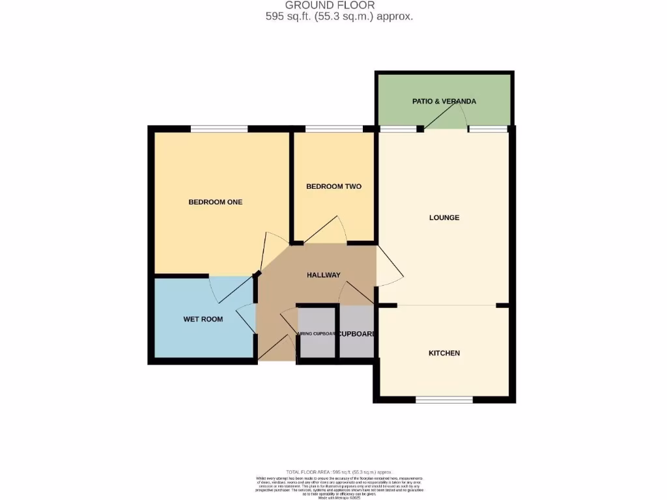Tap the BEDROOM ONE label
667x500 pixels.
coord(215,202)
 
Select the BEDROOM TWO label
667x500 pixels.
coord(333,186)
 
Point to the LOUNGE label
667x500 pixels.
coord(444,217)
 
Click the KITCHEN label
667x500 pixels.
coord(444,353)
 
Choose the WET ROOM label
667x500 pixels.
coord(203,319)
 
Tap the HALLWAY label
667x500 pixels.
coord(324,275)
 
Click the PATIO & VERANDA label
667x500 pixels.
coord(444,102)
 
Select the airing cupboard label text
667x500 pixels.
coord(317,334)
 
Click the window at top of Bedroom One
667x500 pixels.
coord(219,129)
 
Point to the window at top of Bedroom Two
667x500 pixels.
coord(333,129)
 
